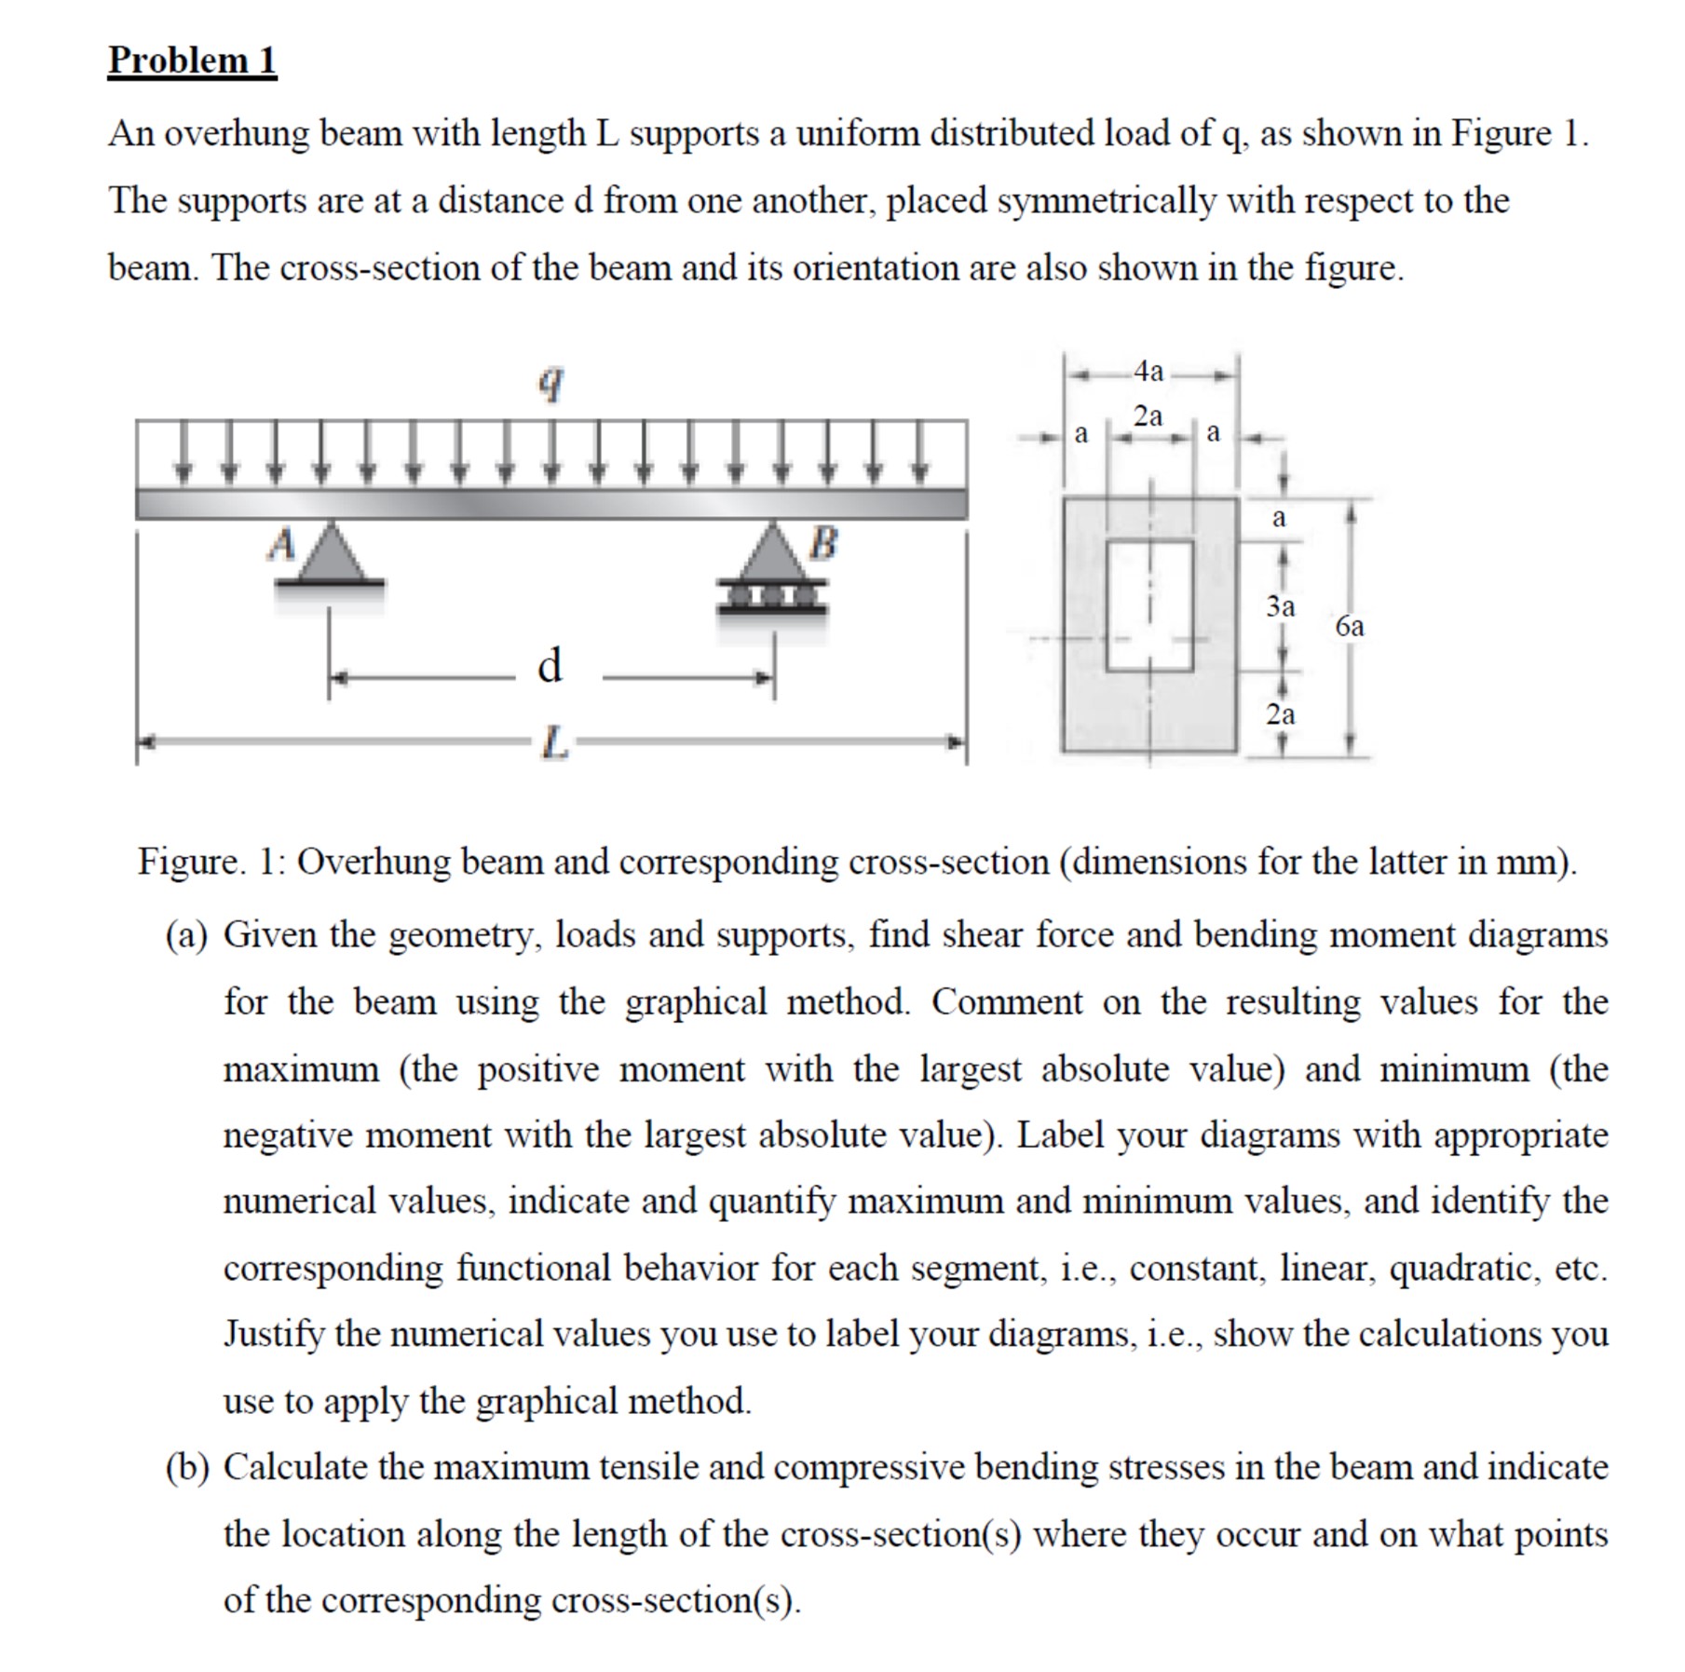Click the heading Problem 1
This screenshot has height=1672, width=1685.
click(x=192, y=61)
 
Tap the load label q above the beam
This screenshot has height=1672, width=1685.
click(x=551, y=382)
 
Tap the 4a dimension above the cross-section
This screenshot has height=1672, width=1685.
click(x=1149, y=372)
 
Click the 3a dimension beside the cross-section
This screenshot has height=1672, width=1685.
click(x=1281, y=607)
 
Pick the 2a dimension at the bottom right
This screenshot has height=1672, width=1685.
click(x=1281, y=714)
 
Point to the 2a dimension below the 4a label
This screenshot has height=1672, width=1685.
click(x=1148, y=416)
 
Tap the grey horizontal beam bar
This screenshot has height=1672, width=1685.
click(x=551, y=504)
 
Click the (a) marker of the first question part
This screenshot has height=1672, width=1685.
click(x=185, y=935)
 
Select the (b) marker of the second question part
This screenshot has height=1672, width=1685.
click(x=186, y=1468)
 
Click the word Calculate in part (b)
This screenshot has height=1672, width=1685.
click(x=294, y=1468)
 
